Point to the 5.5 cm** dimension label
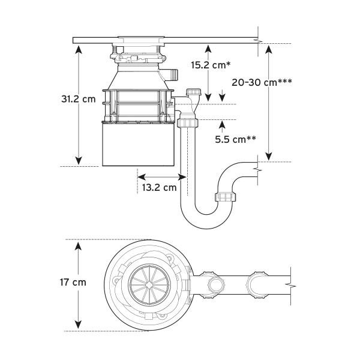(235, 140)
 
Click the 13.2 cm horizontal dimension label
(160, 187)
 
